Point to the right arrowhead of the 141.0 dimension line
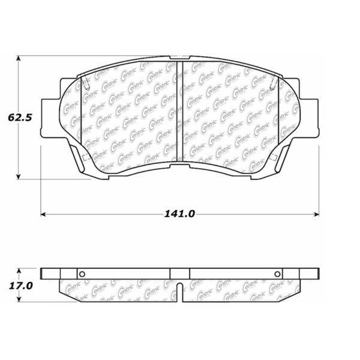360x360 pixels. (316, 214)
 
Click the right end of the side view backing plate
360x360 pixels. (316, 273)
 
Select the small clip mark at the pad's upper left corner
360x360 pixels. (85, 82)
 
